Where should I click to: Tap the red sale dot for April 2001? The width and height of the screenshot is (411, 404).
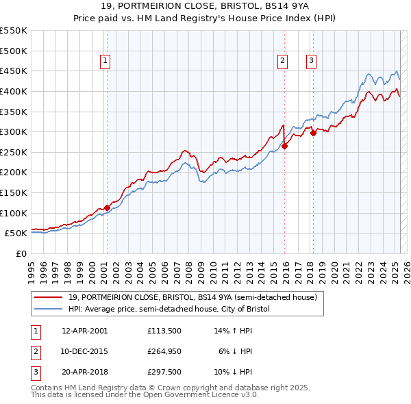click(107, 207)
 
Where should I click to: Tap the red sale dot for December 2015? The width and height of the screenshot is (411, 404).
click(285, 146)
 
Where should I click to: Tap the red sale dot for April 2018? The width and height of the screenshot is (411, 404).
click(313, 133)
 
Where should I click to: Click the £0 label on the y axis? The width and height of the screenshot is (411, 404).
click(21, 253)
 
